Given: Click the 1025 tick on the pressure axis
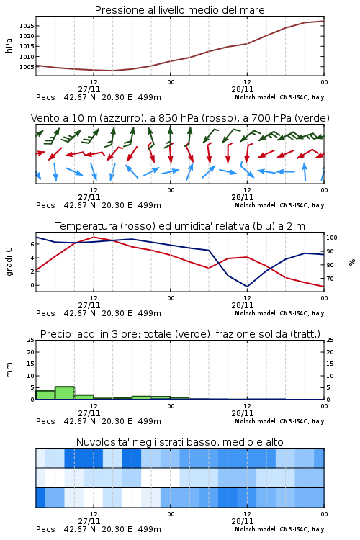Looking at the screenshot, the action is (27, 26).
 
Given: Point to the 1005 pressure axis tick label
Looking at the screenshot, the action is (27, 67).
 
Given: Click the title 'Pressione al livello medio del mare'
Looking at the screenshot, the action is (180, 10).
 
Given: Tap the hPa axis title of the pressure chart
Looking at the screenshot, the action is (9, 45).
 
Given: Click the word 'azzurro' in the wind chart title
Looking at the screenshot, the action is (121, 119).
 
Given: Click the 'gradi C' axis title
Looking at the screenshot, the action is (9, 261).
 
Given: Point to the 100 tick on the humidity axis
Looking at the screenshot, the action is (332, 238).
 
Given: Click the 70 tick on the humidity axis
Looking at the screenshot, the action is (330, 279).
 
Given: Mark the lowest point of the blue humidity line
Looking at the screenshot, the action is (247, 287).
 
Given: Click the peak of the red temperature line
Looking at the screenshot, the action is (94, 237).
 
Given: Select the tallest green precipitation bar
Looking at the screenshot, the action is (65, 393).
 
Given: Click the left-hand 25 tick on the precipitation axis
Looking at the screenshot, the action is (31, 340).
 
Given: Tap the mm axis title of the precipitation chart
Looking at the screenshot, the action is (9, 370).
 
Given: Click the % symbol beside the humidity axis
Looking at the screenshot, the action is (352, 262).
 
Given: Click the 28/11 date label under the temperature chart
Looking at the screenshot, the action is (243, 305).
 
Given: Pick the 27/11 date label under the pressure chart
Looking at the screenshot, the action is (89, 89).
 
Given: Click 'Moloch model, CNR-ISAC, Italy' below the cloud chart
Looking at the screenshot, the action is (279, 529).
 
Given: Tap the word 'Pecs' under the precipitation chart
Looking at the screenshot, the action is (45, 421).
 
